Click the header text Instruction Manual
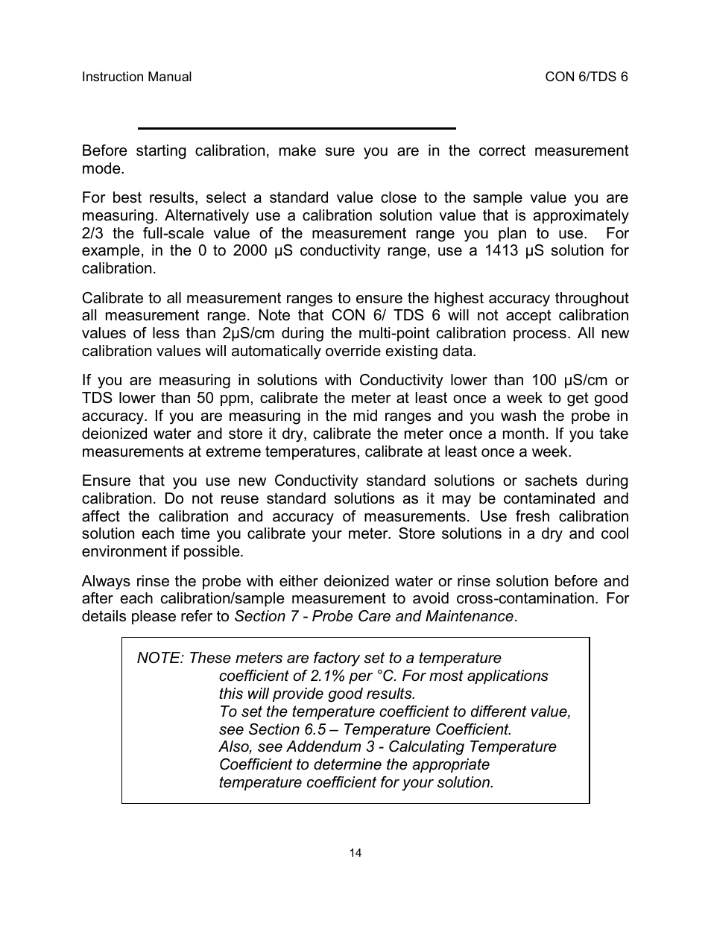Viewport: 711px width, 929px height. [x=136, y=77]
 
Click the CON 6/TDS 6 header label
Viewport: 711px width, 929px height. [x=587, y=77]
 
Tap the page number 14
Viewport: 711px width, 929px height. [x=355, y=852]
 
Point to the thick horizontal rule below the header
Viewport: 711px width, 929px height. [x=297, y=128]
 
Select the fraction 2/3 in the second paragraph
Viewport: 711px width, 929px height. [x=93, y=233]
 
